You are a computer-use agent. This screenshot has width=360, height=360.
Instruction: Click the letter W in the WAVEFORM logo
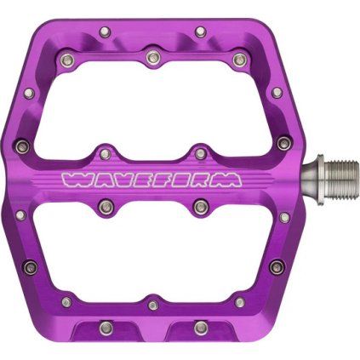tap(71, 180)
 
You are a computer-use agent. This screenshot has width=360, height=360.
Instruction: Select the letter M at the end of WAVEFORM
tap(230, 180)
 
